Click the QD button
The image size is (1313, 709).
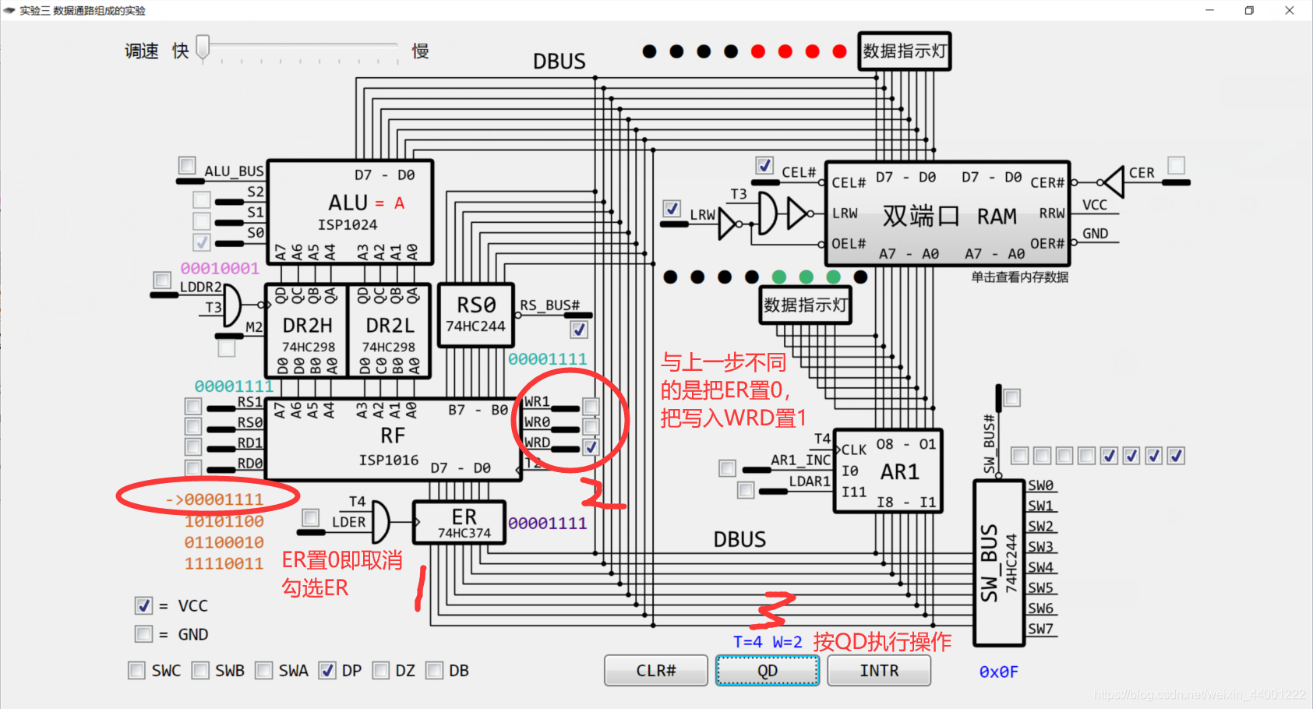[767, 671]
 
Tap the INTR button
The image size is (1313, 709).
[878, 671]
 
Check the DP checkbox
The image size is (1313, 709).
[327, 671]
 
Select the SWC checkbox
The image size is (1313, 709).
[136, 671]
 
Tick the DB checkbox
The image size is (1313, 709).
[435, 671]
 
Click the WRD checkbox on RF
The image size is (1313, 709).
[591, 447]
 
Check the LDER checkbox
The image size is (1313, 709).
[310, 517]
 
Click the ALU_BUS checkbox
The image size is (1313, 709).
[187, 165]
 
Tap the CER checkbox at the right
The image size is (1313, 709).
[1176, 165]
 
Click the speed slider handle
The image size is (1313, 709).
[203, 48]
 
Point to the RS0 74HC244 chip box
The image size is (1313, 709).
[475, 315]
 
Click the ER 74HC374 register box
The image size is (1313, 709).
[460, 522]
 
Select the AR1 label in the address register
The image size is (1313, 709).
[899, 472]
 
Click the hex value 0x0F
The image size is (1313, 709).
[998, 672]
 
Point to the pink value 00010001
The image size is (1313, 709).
[220, 269]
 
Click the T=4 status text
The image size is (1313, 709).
[747, 642]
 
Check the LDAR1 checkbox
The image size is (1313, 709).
[746, 490]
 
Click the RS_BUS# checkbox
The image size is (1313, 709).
[579, 330]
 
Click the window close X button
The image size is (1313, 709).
[1289, 10]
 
